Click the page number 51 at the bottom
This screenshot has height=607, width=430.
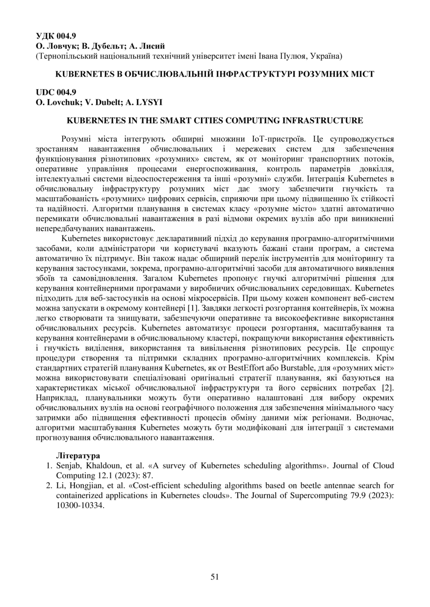[x=215, y=577]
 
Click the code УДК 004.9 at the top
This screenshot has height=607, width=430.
[x=56, y=36]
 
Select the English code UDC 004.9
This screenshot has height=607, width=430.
[x=56, y=92]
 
